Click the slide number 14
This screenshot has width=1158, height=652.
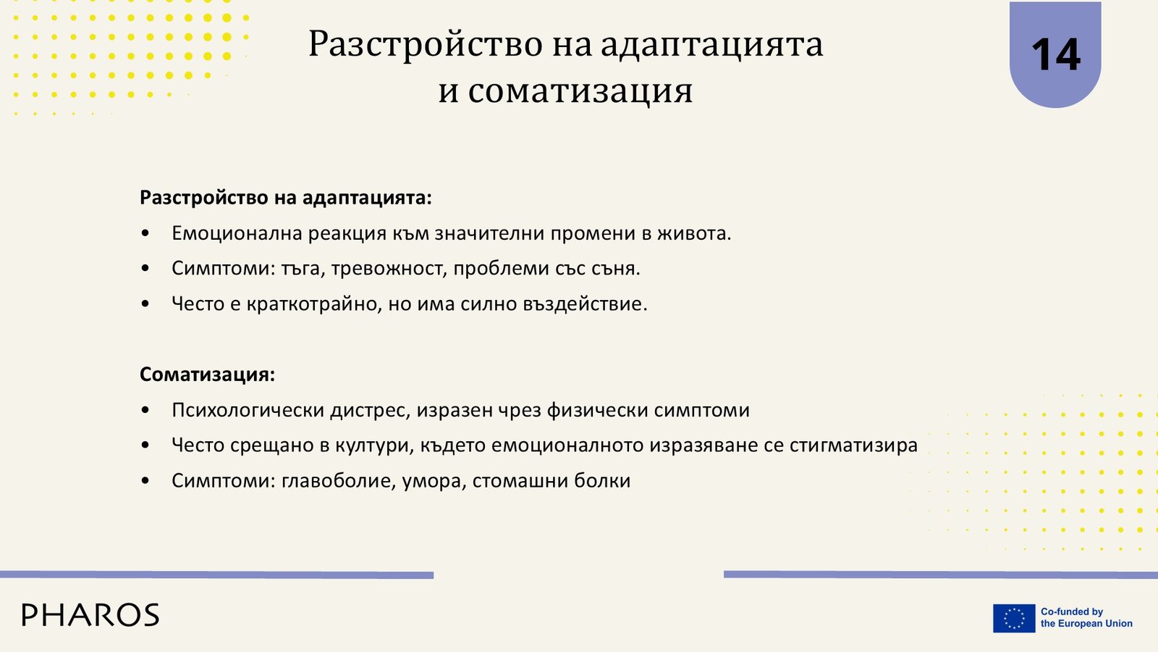tap(1055, 55)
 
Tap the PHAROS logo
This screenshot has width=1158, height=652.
tap(90, 615)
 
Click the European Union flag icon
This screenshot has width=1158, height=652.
tap(1014, 618)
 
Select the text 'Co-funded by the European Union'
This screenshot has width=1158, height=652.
tap(1086, 617)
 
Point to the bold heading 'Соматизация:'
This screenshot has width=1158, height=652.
tap(207, 374)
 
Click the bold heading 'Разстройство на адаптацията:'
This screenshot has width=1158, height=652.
tap(285, 198)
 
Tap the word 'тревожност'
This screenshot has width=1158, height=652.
tap(387, 269)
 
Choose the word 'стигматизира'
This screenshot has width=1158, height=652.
tap(853, 446)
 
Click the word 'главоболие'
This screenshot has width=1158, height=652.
tap(339, 481)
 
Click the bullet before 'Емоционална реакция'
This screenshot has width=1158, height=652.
tap(145, 233)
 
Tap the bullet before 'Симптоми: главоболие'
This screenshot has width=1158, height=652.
tap(145, 481)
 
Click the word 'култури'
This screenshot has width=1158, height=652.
tap(375, 446)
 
